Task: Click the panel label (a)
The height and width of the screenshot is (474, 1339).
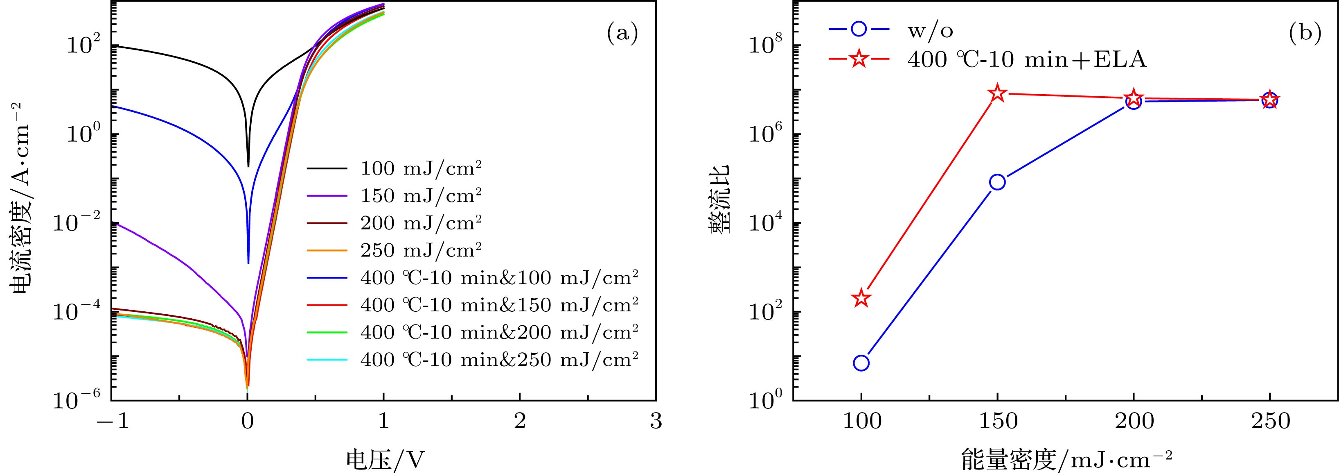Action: tap(622, 34)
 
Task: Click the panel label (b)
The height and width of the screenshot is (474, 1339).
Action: tap(1305, 34)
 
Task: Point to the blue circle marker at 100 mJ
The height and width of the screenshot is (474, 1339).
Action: tap(861, 363)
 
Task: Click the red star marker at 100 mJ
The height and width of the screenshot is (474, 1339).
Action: tap(861, 297)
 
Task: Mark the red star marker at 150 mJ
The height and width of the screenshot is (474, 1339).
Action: tap(997, 93)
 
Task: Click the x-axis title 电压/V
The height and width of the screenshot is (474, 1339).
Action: tap(385, 459)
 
